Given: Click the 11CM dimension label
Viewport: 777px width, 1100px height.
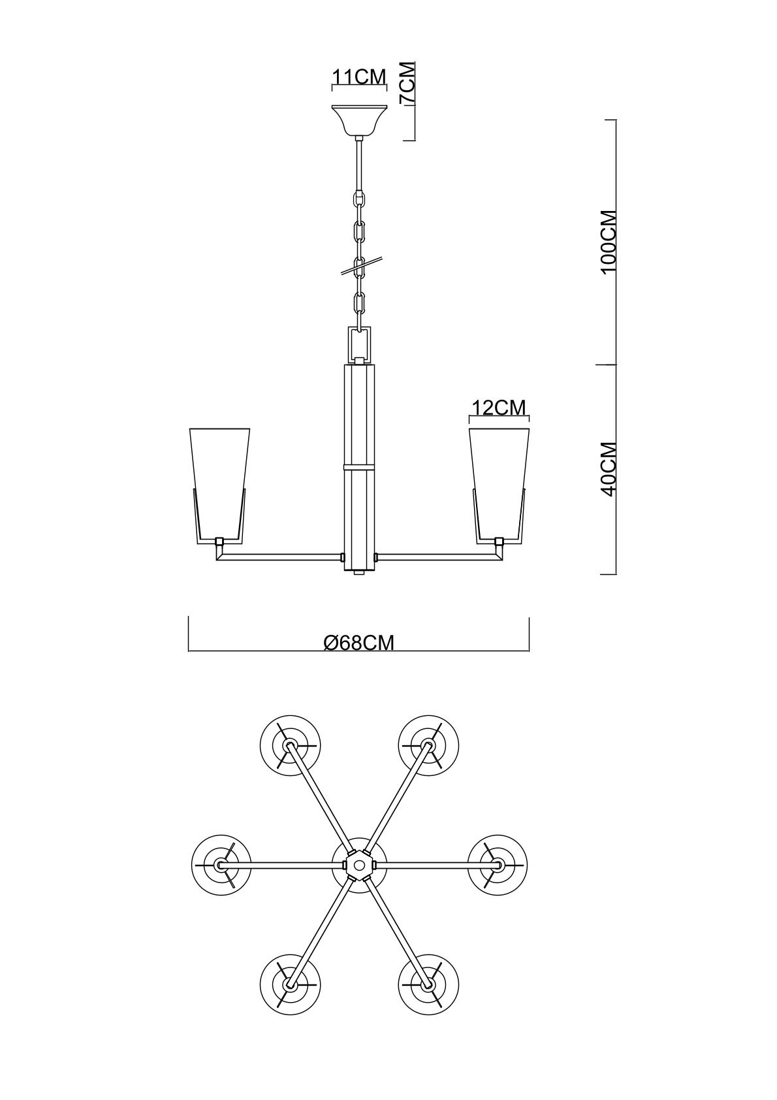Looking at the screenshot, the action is (x=360, y=76).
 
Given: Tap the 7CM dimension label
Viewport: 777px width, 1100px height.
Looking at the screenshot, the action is (x=407, y=83).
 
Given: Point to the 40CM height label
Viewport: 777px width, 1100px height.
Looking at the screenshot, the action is (x=609, y=470).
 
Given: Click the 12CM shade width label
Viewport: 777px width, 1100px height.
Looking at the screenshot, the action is (x=499, y=408).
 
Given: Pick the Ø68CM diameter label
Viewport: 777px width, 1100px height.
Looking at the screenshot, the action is (x=359, y=642).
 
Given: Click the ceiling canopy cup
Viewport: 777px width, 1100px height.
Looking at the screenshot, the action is (x=360, y=121).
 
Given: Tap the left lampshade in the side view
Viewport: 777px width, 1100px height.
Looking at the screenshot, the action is (x=219, y=483).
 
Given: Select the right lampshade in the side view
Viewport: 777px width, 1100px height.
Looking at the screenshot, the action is (x=499, y=483).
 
